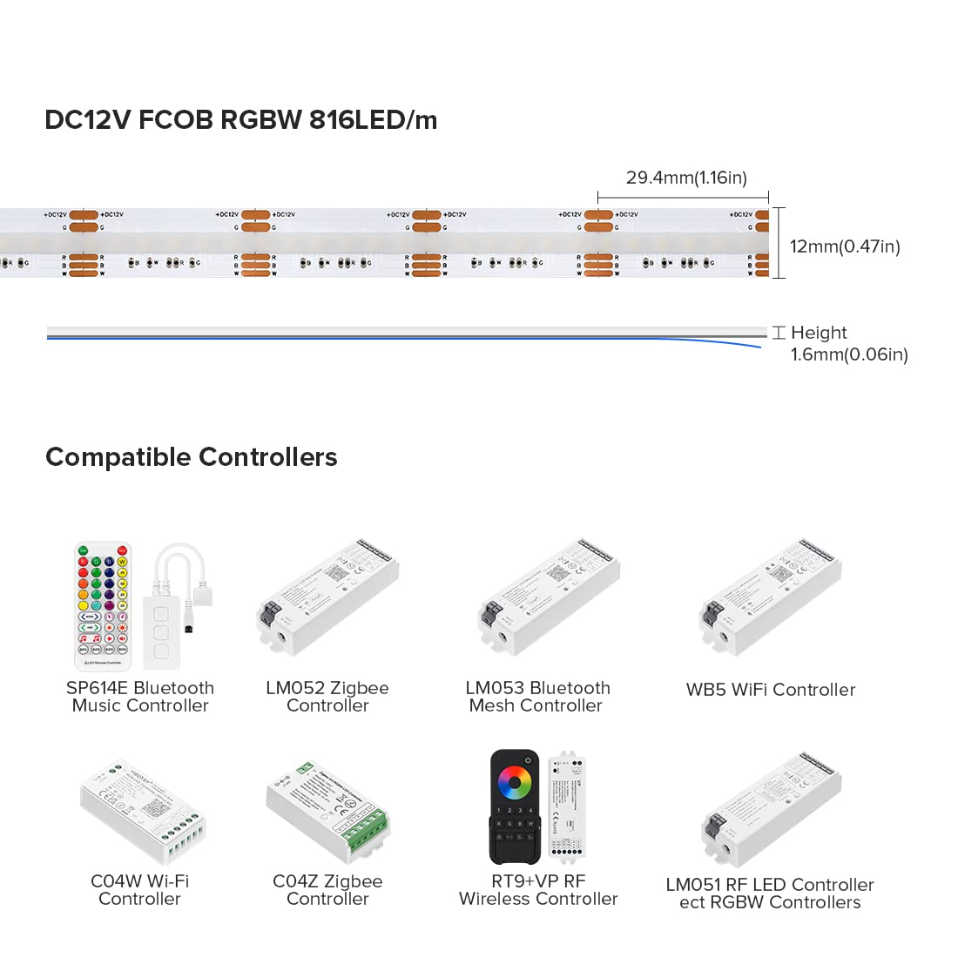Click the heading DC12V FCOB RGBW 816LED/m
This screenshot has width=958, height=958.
pos(240,119)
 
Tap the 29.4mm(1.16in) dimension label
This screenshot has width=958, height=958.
pos(686,178)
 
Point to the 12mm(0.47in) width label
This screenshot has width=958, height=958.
pos(844,246)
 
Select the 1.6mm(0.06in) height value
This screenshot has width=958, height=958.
pos(849,354)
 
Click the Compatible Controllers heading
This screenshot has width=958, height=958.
pos(191,457)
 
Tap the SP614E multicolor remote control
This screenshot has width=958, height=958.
pos(103,606)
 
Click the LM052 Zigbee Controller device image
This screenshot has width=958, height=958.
pos(328,597)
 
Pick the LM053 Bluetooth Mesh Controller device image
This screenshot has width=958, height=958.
pos(549,597)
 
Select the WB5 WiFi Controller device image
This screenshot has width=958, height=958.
pos(771,597)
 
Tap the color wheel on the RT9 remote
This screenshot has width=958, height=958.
pos(515,782)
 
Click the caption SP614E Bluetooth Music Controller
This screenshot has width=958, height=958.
pos(140,697)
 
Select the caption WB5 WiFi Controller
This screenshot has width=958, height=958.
pos(771,690)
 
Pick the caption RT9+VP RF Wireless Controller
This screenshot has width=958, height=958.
pos(538,890)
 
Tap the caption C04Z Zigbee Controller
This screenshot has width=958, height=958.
pos(327,890)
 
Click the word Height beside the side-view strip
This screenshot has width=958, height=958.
pos(819,333)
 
